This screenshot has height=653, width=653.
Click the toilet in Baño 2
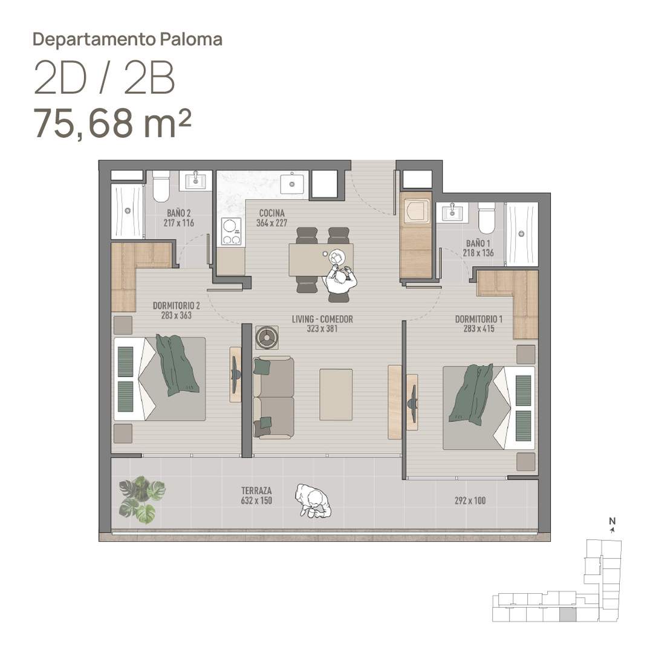pos(161,186)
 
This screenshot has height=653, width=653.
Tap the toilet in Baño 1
pos(486,218)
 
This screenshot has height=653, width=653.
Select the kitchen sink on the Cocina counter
pos(291,184)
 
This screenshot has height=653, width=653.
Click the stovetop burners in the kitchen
pos(231,232)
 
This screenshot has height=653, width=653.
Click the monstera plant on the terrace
pos(141,499)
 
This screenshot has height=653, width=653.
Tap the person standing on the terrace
pos(313,501)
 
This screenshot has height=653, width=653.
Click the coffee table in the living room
pos(336,394)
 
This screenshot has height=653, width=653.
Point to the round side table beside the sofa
pos(267,337)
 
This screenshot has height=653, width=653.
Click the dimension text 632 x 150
pos(256,501)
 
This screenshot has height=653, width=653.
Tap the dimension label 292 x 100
pos(470,501)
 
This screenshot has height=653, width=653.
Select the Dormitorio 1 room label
pos(478,319)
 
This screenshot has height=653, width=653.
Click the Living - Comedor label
pos(322,319)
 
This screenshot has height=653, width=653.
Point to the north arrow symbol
pos(612,530)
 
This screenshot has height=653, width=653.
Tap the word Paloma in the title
pos(191,39)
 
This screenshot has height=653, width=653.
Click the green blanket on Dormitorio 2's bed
pos(177,365)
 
